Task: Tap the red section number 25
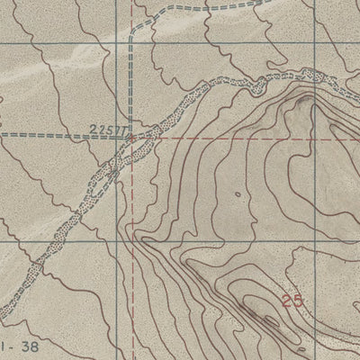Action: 292,301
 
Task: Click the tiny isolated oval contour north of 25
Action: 237,193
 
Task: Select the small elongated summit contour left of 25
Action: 250,303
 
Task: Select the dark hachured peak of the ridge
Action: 310,90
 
